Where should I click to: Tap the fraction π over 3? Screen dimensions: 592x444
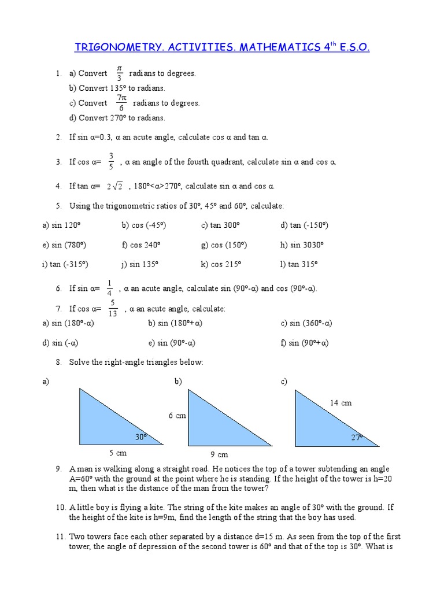pos(119,73)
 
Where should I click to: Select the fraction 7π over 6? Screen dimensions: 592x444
pos(121,103)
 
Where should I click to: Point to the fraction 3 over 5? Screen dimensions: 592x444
pos(111,162)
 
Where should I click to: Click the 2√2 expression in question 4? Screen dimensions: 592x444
pos(114,186)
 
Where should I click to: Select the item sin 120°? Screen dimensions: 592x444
pos(64,225)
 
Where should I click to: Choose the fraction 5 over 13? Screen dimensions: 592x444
pos(113,309)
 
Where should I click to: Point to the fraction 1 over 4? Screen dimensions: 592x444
pos(109,288)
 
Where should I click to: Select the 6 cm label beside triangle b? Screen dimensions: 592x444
pos(177,416)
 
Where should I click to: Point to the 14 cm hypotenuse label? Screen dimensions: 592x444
pos(341,403)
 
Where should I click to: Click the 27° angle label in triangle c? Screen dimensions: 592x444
pos(357,438)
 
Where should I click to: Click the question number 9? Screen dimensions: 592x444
pos(59,469)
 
